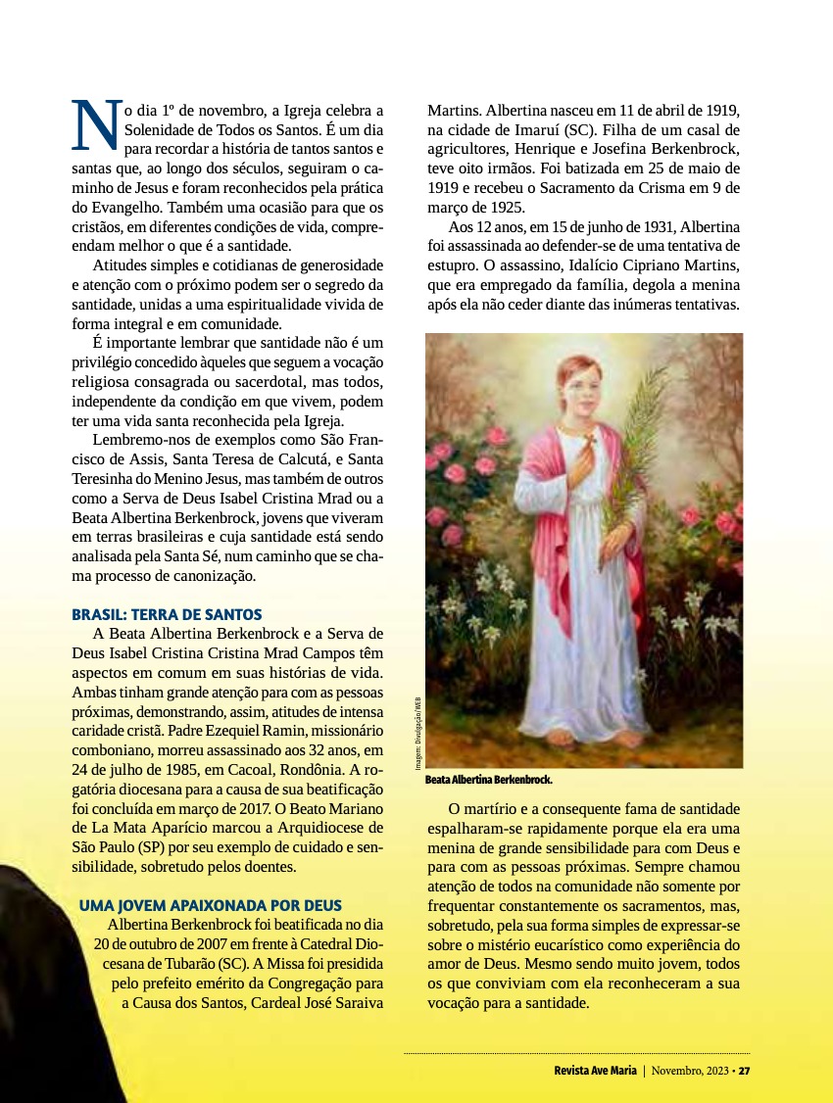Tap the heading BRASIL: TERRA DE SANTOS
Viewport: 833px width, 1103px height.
(x=167, y=614)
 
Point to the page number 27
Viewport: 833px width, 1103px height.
(x=745, y=1070)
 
